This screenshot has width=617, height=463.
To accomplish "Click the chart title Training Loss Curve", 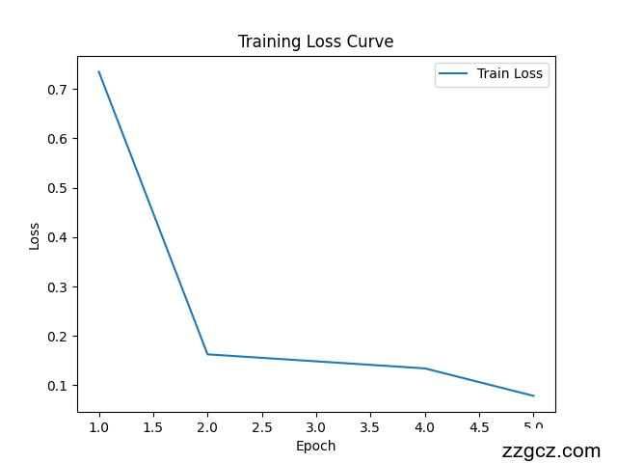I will click(x=315, y=41).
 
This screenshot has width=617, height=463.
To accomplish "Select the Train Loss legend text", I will click(x=510, y=73).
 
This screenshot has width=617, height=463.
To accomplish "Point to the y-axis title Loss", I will click(x=35, y=235).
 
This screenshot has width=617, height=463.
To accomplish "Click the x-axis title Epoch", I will click(x=315, y=446).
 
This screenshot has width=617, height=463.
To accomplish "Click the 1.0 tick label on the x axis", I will click(x=99, y=427).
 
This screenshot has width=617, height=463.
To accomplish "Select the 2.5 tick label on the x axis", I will click(x=262, y=427).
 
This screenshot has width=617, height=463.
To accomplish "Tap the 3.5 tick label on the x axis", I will click(x=371, y=427).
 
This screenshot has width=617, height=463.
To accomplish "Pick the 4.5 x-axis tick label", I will click(x=479, y=427).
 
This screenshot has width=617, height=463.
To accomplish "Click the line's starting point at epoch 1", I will click(x=99, y=71).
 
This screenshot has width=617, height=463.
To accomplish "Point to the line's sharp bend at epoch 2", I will click(x=207, y=354).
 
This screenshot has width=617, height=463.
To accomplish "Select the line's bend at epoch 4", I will click(x=425, y=368).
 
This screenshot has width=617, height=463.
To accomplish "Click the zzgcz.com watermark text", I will click(x=550, y=450).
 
